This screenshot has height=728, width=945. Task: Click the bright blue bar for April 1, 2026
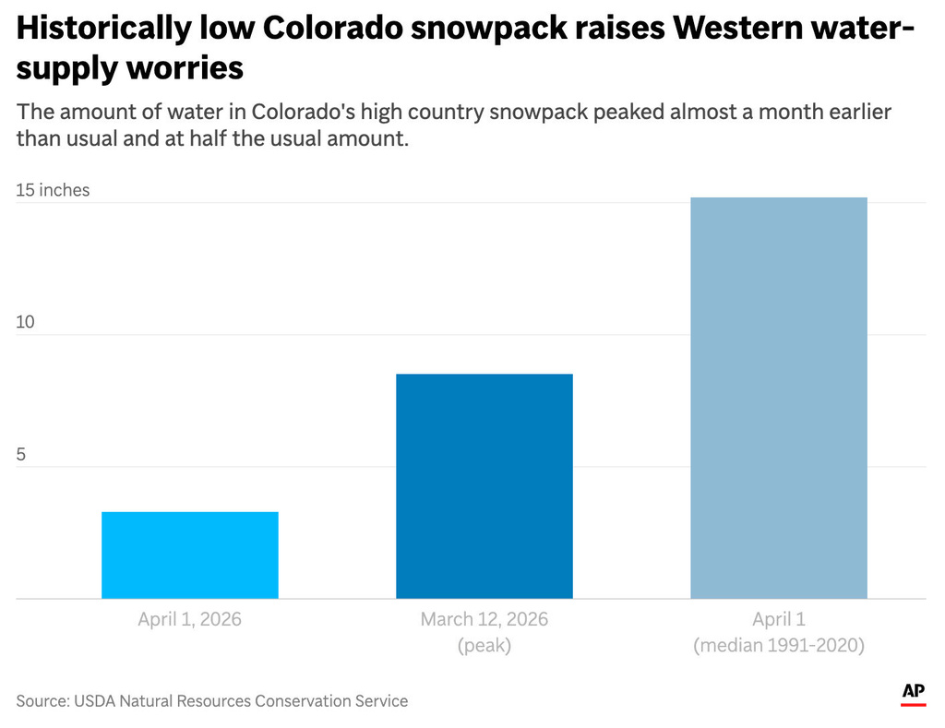189,555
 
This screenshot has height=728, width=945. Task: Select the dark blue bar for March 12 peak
484,485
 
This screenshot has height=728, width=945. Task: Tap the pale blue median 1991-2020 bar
779,398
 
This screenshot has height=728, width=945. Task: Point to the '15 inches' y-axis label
53,190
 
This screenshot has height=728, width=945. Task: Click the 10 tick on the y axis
26,322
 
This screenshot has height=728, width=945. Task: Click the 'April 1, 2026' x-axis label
189,619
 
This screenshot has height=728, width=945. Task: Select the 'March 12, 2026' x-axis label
484,619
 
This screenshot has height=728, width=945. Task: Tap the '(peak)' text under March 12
484,646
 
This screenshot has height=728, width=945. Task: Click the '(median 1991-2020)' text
779,646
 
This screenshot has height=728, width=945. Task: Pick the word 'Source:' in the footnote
41,701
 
